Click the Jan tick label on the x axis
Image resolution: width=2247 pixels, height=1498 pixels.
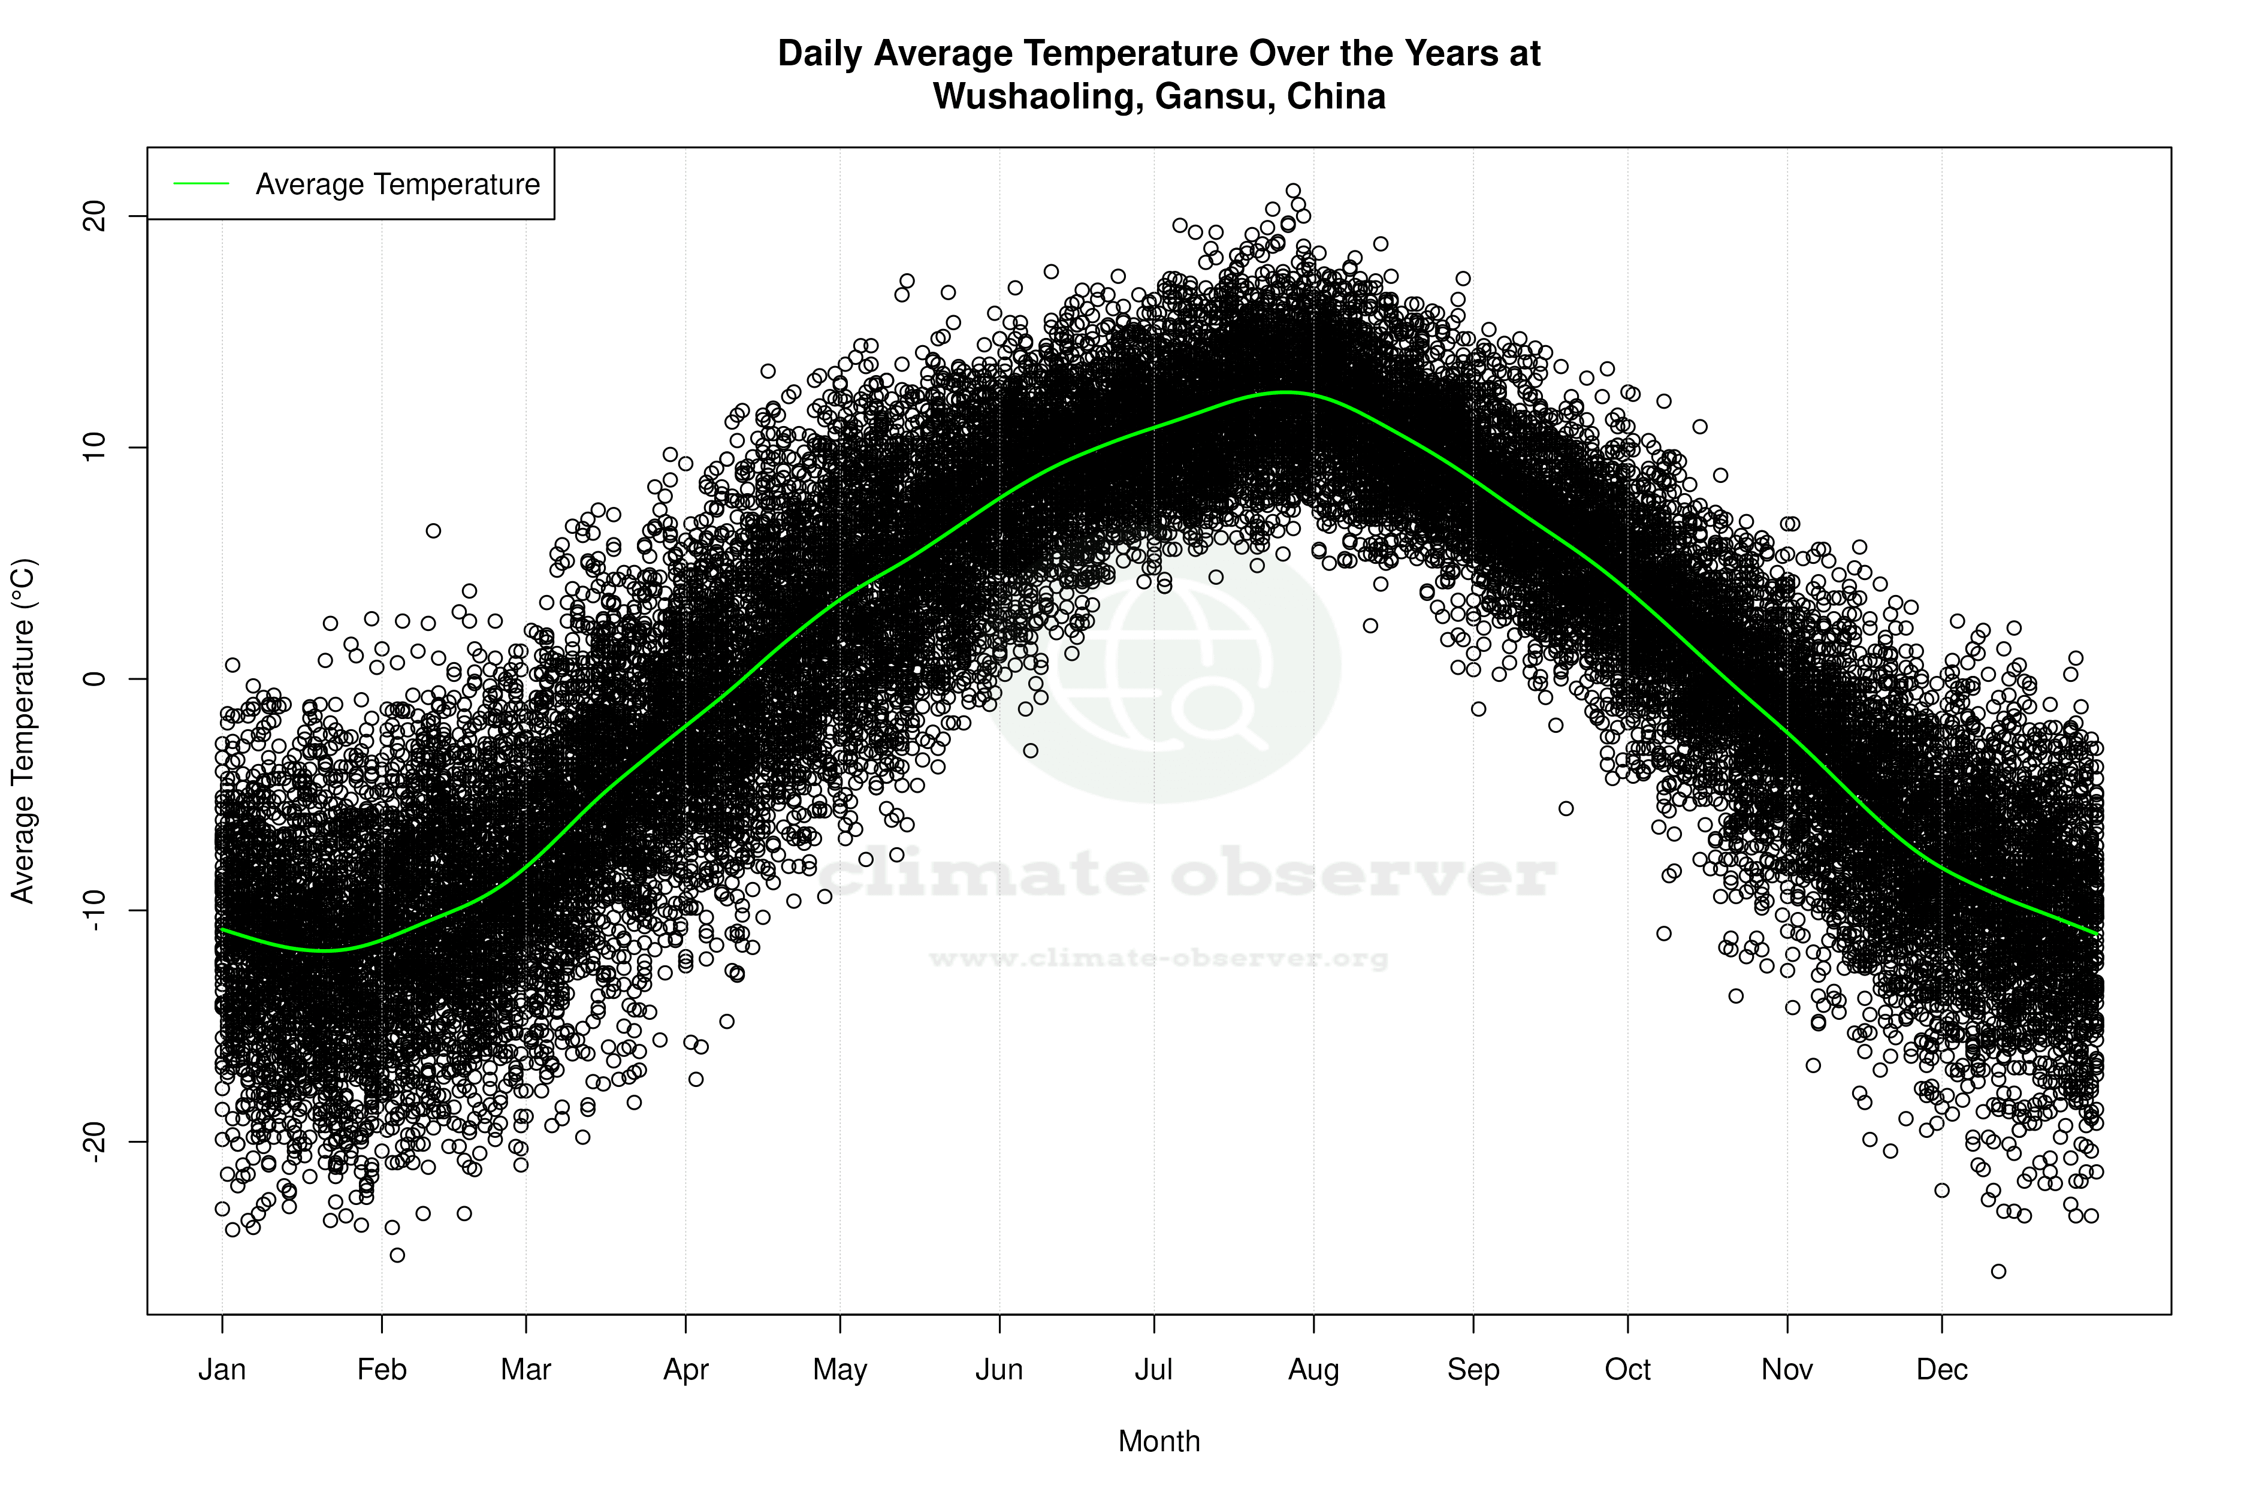click(222, 1370)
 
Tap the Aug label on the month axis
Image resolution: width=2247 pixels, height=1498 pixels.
click(1313, 1370)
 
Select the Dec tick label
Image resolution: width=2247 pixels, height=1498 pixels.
click(1941, 1370)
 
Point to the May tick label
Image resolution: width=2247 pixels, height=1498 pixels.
click(839, 1370)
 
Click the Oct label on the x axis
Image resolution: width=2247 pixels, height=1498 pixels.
click(1627, 1370)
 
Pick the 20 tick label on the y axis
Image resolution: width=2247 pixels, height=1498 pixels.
click(95, 217)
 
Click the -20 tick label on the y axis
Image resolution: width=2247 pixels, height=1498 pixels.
click(95, 1141)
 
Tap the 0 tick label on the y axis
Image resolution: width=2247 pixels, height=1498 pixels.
click(95, 678)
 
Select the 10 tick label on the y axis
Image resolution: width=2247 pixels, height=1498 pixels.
click(95, 447)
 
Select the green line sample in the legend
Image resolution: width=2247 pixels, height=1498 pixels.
click(201, 183)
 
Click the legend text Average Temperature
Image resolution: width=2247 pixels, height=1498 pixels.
click(397, 185)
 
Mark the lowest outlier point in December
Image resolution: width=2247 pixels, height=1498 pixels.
click(1998, 1271)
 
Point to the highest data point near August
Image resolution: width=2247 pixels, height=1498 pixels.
click(1292, 191)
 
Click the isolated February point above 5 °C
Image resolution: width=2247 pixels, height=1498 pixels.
click(433, 530)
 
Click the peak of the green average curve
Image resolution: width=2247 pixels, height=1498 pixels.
click(1287, 392)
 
